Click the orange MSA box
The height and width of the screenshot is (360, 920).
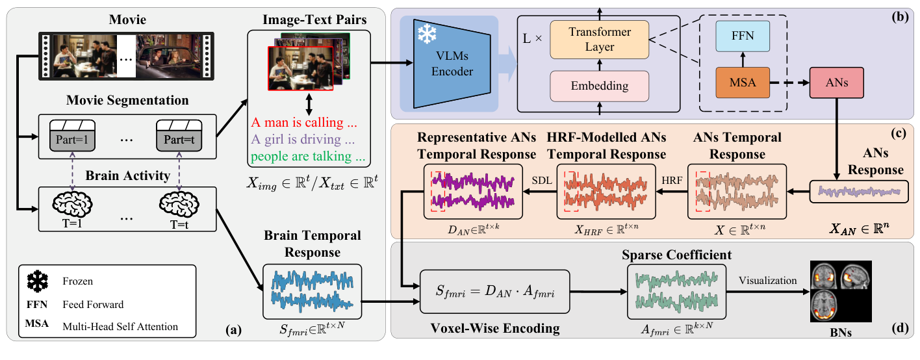click(x=743, y=83)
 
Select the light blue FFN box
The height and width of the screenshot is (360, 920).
click(x=743, y=36)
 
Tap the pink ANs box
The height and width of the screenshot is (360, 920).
click(x=837, y=83)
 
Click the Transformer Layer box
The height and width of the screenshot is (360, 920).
click(x=600, y=40)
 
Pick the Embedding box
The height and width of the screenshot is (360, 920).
click(x=600, y=86)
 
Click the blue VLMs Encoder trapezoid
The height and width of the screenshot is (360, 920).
click(x=452, y=64)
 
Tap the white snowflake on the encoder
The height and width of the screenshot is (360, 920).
click(x=427, y=34)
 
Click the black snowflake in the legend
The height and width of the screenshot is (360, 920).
click(x=38, y=281)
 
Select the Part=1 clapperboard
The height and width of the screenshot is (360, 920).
click(x=72, y=136)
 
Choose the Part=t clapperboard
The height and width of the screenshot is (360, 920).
click(x=179, y=136)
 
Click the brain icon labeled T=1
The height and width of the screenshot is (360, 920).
click(x=72, y=204)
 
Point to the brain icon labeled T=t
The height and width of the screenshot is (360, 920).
click(x=179, y=204)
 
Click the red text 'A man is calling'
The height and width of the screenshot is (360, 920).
click(x=298, y=122)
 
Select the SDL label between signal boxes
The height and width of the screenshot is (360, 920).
click(x=542, y=181)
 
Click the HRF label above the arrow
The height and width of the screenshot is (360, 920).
click(x=672, y=181)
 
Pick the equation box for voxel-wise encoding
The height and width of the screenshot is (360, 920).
click(x=495, y=291)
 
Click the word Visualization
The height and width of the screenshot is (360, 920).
click(x=767, y=281)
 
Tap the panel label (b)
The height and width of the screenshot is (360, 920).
click(x=900, y=18)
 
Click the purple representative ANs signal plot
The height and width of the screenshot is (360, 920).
click(x=473, y=192)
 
